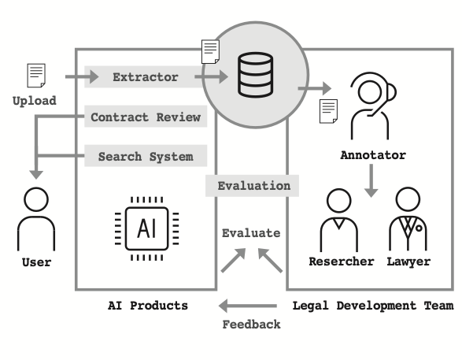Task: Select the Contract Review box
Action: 146,117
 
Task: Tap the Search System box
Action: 146,156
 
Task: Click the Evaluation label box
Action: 252,186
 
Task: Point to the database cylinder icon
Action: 255,75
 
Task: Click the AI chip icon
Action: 146,228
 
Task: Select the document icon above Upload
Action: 36,76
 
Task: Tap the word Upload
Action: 35,101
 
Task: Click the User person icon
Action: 36,219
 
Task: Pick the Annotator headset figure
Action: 373,106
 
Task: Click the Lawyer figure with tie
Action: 408,219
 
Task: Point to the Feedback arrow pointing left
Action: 247,306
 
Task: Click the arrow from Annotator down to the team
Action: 371,180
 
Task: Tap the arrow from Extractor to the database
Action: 211,77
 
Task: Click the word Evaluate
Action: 251,233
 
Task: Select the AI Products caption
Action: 148,306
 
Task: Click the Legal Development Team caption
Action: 373,306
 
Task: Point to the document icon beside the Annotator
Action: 328,111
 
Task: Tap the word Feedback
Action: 251,325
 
